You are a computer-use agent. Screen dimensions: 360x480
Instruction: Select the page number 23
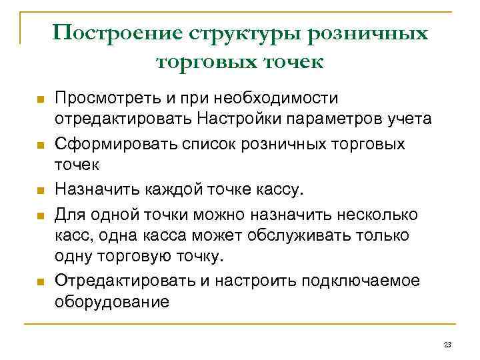(x=447, y=344)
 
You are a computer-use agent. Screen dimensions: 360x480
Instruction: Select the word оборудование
(x=112, y=302)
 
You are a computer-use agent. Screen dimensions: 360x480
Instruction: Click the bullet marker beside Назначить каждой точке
(x=39, y=191)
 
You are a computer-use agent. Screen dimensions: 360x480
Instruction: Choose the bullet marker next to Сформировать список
(x=39, y=146)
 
